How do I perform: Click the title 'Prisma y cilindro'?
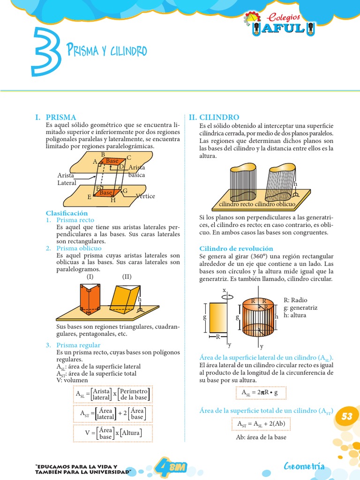pyautogui.click(x=106, y=50)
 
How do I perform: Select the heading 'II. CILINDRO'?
pyautogui.click(x=214, y=117)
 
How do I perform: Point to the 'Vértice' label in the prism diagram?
pyautogui.click(x=145, y=196)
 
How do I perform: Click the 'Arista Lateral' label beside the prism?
pyautogui.click(x=67, y=179)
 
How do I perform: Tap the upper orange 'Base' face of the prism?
pyautogui.click(x=112, y=161)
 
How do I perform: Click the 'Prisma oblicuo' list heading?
pyautogui.click(x=79, y=248)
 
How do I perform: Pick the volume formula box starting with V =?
pyautogui.click(x=113, y=433)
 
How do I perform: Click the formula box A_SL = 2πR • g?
pyautogui.click(x=259, y=393)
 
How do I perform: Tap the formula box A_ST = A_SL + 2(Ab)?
pyautogui.click(x=261, y=424)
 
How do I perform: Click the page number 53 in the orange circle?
pyautogui.click(x=346, y=416)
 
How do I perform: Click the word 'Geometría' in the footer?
pyautogui.click(x=304, y=466)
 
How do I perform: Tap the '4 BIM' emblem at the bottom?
pyautogui.click(x=171, y=466)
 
